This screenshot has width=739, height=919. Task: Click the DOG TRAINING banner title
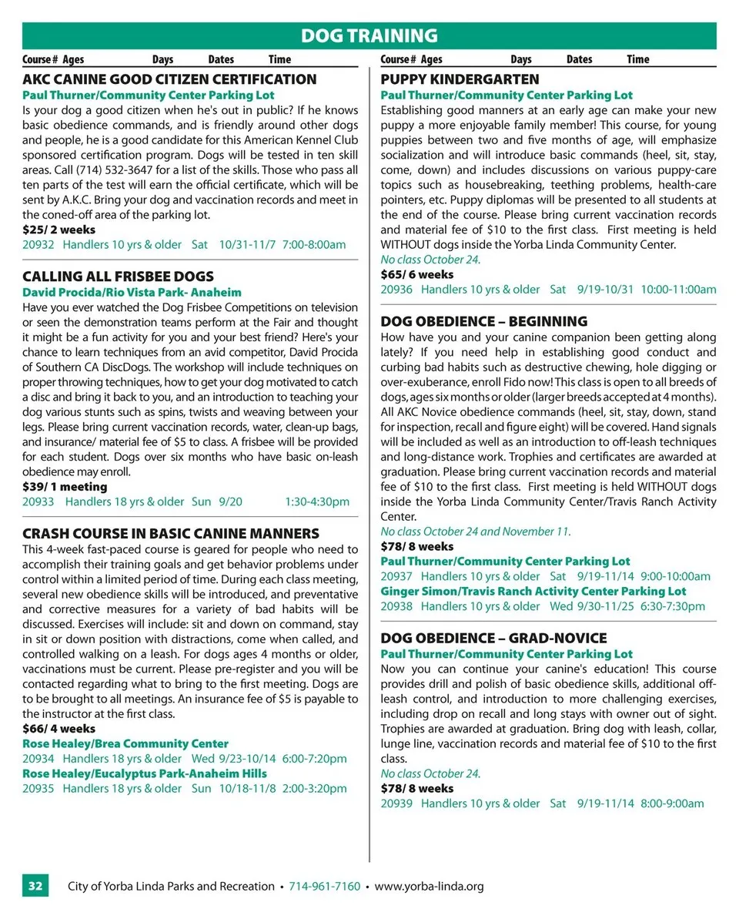coord(369,35)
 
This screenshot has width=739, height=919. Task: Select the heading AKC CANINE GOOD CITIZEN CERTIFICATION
coord(169,79)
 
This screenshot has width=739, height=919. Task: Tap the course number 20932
coord(38,245)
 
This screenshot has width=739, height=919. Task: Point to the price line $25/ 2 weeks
coord(59,230)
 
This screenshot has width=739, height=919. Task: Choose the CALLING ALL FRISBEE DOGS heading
coord(118,277)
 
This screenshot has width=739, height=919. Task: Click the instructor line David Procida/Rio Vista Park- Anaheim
coord(132,293)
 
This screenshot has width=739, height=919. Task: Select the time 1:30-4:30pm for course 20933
coord(317,501)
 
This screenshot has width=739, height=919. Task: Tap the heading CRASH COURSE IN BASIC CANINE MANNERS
coord(170,534)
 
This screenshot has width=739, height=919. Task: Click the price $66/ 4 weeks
coord(59,729)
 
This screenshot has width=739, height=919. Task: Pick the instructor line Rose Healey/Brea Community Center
coord(125,744)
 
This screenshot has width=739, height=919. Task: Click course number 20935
coord(38,788)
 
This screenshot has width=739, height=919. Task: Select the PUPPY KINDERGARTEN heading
coord(460,79)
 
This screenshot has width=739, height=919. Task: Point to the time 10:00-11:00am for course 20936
coord(678,290)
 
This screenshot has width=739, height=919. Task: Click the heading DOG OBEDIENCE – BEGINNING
coord(484,321)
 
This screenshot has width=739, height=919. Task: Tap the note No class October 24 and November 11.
coord(476,532)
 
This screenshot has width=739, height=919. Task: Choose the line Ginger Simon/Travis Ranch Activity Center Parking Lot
coord(533,592)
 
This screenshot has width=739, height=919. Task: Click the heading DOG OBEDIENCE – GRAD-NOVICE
coord(493,639)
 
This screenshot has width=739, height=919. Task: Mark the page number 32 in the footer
coord(35,886)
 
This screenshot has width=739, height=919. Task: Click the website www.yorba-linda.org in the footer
coord(429,886)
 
